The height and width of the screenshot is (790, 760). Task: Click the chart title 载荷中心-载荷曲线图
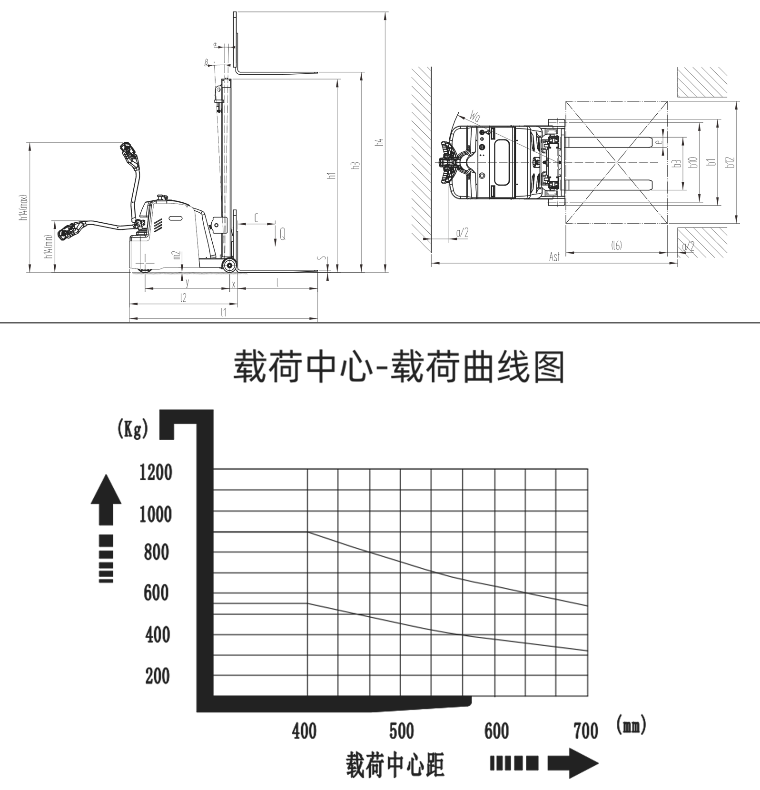click(x=399, y=368)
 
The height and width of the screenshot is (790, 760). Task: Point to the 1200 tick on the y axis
click(x=156, y=473)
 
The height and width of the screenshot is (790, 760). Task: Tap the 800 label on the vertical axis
click(x=156, y=553)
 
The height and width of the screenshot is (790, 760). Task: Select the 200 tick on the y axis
click(x=158, y=676)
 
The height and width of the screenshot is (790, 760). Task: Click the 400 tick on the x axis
click(x=304, y=731)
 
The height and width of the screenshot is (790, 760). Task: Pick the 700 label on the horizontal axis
click(x=586, y=731)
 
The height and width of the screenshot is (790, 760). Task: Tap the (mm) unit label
click(x=631, y=726)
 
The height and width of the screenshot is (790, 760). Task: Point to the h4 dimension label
click(x=379, y=142)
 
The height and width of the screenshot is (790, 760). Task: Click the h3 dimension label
click(x=355, y=166)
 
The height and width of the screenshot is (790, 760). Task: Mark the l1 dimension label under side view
click(x=223, y=312)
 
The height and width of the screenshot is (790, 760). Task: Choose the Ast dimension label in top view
click(x=554, y=257)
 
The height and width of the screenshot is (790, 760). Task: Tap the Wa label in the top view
click(x=475, y=116)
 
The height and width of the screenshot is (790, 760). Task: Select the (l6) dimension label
click(x=616, y=246)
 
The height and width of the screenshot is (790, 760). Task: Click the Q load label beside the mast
click(x=282, y=234)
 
